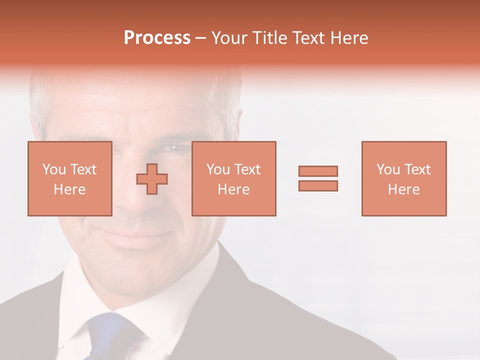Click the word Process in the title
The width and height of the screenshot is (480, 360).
[157, 38]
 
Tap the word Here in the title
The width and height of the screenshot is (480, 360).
[349, 38]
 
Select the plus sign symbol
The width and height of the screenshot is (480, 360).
[152, 178]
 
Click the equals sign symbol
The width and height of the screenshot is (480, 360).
[318, 178]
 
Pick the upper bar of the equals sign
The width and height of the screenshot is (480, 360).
[318, 171]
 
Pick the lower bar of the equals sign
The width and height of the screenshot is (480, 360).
[318, 186]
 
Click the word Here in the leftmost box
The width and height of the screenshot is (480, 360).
[69, 189]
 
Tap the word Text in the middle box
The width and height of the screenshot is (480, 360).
[247, 169]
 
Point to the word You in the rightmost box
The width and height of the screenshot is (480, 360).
[388, 169]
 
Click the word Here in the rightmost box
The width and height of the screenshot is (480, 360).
[403, 189]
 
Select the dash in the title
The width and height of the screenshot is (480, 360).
[201, 38]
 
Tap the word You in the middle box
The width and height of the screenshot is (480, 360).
[218, 169]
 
